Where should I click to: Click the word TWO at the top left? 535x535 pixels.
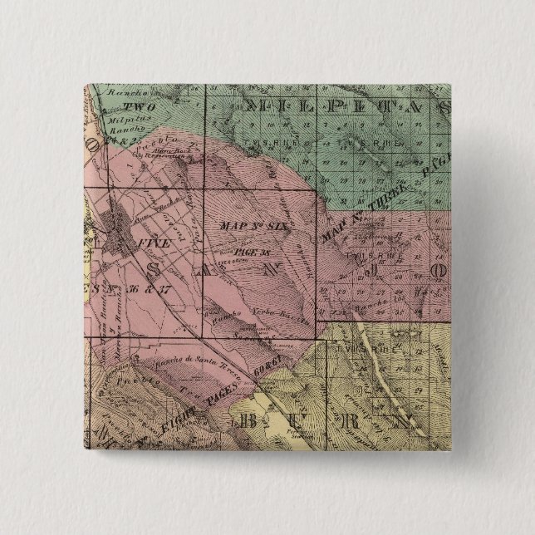133,107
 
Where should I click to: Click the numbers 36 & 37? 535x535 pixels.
148,290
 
